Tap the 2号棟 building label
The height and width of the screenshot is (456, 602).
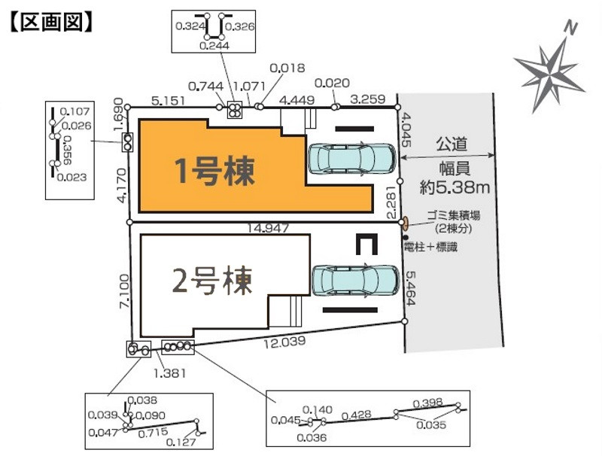(212, 280)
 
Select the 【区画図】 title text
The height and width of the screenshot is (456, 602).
(50, 22)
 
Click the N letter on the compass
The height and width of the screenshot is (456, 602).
(572, 29)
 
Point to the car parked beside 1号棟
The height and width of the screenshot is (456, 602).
(351, 159)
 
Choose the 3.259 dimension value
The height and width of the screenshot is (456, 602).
(368, 98)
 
